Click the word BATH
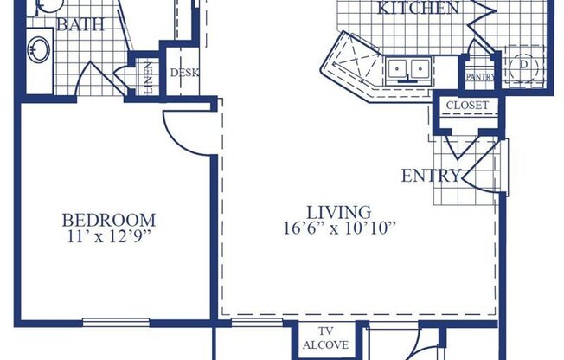tap(80, 23)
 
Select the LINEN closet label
tap(149, 75)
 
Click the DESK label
tap(184, 73)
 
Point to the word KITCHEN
tap(419, 9)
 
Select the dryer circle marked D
tap(522, 67)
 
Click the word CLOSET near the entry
tap(467, 106)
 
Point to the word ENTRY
tap(430, 176)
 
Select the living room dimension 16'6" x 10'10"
tap(338, 228)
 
